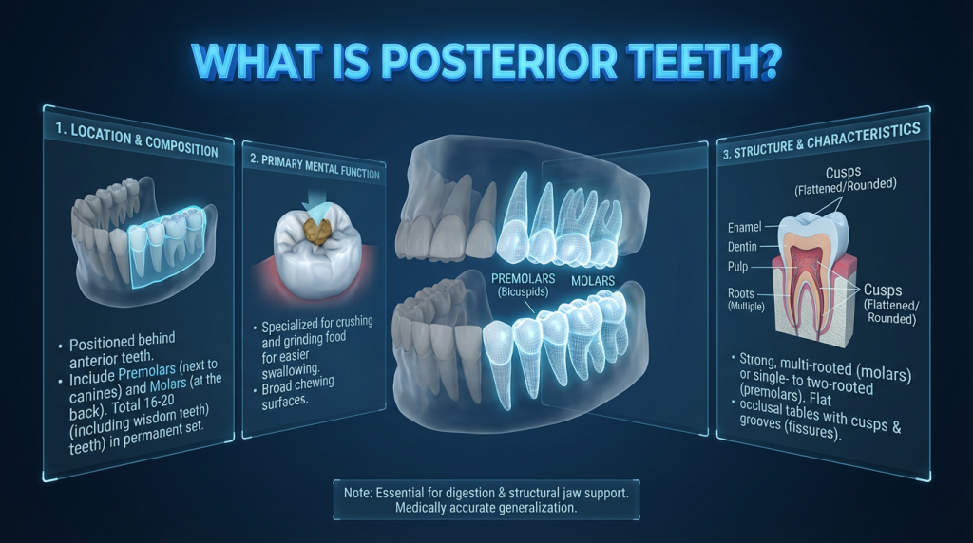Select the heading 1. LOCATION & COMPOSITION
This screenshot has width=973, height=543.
(x=137, y=140)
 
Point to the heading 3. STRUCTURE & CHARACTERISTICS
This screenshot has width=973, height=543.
(x=821, y=141)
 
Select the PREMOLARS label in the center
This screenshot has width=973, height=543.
(x=524, y=278)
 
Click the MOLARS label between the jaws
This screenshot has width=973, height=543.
(x=593, y=281)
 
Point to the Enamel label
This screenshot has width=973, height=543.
(x=744, y=228)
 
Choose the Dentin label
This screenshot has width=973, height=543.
(x=742, y=247)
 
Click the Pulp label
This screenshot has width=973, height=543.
(x=737, y=267)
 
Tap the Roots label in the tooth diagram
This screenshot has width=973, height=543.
(x=741, y=293)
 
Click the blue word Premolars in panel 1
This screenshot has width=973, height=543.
(x=147, y=372)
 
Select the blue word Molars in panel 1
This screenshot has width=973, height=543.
(x=168, y=386)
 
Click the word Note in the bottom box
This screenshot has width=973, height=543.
(x=357, y=493)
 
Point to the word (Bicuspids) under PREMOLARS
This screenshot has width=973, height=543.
(x=524, y=292)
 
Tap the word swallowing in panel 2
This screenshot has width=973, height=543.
(x=291, y=371)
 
